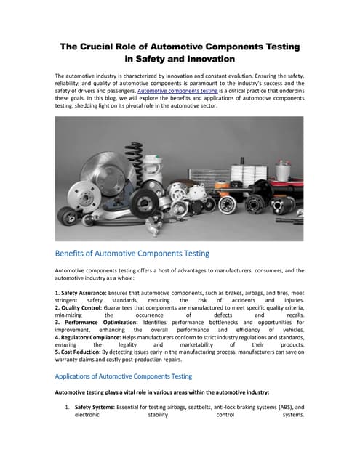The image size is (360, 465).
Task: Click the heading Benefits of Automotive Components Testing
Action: tap(132, 254)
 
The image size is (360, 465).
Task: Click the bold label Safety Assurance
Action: tap(81, 292)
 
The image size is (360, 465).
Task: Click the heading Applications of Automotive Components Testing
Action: tap(124, 376)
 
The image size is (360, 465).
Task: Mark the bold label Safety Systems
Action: tap(97, 408)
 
